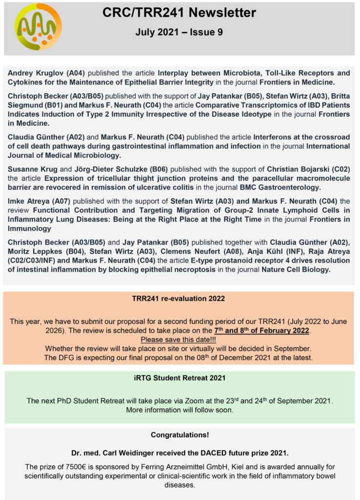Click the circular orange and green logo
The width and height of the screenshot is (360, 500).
point(38,26)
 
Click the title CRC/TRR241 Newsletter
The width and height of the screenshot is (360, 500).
point(179,13)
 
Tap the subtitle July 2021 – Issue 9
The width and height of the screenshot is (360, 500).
point(179,33)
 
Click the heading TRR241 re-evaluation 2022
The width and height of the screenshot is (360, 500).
point(179,298)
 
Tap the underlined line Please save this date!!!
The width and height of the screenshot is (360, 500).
point(179,339)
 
